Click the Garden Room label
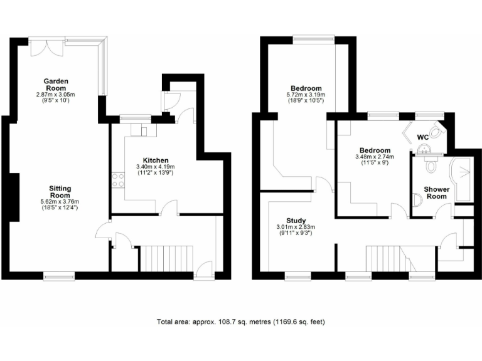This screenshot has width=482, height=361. pyautogui.click(x=55, y=85)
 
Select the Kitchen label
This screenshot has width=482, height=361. pyautogui.click(x=153, y=160)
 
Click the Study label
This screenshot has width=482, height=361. pyautogui.click(x=295, y=220)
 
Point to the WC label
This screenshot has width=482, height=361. pyautogui.click(x=423, y=136)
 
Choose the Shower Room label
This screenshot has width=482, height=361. pyautogui.click(x=436, y=192)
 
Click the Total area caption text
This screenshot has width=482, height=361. pyautogui.click(x=240, y=322)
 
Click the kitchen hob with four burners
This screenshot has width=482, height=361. pyautogui.click(x=117, y=180)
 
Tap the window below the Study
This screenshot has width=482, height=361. pyautogui.click(x=297, y=275)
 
